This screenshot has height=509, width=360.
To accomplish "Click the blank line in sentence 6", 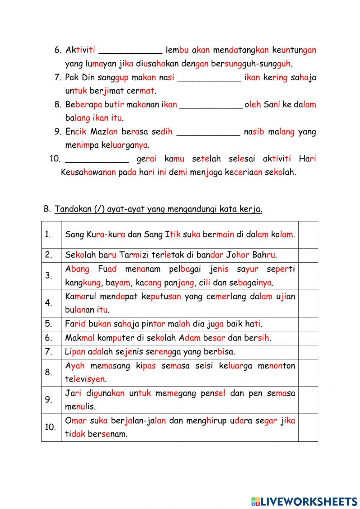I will (x=130, y=51).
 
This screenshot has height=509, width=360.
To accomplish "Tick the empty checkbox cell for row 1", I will (x=308, y=235).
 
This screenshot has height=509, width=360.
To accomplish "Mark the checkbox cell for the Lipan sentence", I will (x=308, y=352).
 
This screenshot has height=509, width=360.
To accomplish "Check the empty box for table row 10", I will (x=308, y=427).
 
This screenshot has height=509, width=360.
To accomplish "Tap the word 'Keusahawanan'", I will (x=88, y=172).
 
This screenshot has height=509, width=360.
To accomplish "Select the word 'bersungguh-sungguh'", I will (x=251, y=64).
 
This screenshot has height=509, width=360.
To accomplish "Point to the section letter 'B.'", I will (x=47, y=209).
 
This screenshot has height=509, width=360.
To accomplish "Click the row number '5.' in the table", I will (x=49, y=324).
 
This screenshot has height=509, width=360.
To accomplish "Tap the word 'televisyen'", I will (x=85, y=379).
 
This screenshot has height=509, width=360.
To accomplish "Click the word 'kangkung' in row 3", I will (x=83, y=283).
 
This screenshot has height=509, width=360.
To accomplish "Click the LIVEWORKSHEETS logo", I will (x=304, y=501).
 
